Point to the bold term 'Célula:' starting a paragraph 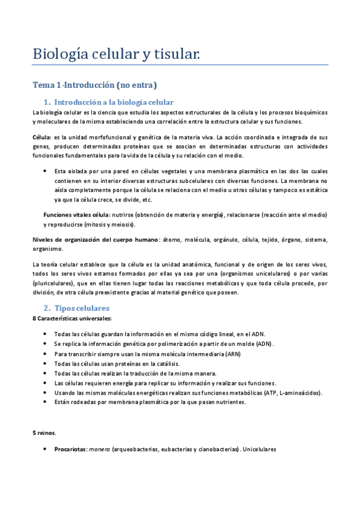point(41,137)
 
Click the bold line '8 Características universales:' point(72,318)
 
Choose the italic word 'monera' point(100,449)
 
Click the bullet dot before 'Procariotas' point(46,449)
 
